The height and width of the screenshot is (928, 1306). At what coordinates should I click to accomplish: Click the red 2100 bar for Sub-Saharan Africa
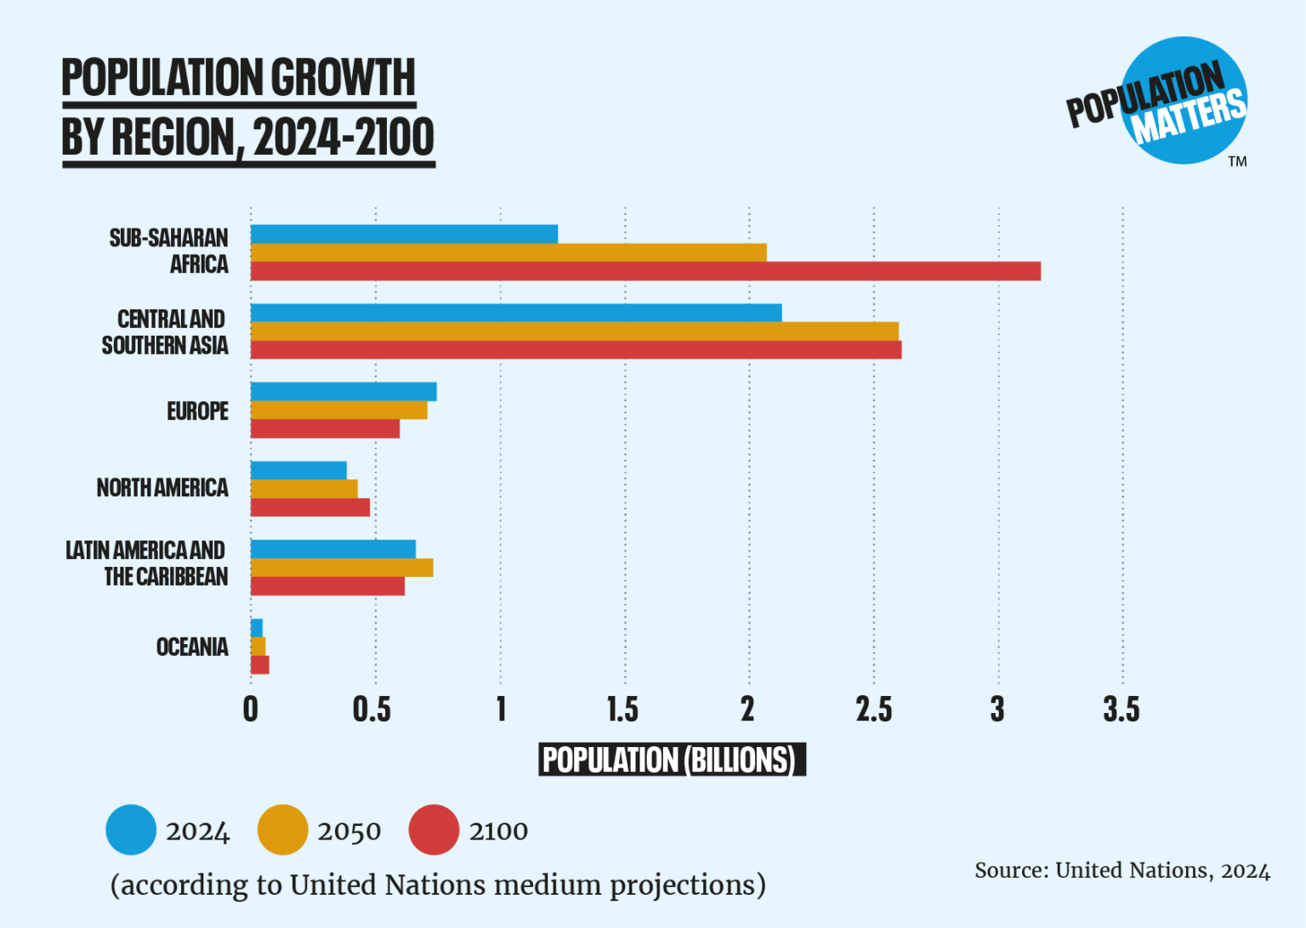click(x=645, y=271)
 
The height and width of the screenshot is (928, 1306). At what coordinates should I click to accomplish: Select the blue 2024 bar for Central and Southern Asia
click(x=516, y=313)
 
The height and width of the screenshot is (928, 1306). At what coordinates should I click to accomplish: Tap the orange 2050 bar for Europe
click(x=339, y=410)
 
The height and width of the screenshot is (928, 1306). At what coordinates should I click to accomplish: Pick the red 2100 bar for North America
click(x=310, y=507)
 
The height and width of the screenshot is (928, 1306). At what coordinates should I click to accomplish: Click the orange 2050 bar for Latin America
click(x=342, y=568)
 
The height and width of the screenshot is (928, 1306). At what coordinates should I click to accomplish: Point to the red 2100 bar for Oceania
click(x=260, y=665)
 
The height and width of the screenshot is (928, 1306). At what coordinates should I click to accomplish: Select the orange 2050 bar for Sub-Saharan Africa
click(x=508, y=252)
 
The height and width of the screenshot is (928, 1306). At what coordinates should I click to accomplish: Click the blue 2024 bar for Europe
click(x=344, y=392)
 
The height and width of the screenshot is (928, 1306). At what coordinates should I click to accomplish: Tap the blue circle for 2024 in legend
click(x=131, y=829)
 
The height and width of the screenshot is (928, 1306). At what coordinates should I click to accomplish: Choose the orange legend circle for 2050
click(x=282, y=829)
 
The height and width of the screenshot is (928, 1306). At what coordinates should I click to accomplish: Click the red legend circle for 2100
click(x=434, y=829)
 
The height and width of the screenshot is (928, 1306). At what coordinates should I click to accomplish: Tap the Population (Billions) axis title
click(x=672, y=760)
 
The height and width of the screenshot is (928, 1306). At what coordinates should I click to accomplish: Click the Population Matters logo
click(x=1170, y=102)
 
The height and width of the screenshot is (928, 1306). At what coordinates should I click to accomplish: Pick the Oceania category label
click(x=192, y=648)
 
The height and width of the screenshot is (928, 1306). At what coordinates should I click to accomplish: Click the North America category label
click(x=162, y=488)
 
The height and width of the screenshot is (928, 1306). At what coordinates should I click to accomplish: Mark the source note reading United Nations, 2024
click(x=1122, y=871)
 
